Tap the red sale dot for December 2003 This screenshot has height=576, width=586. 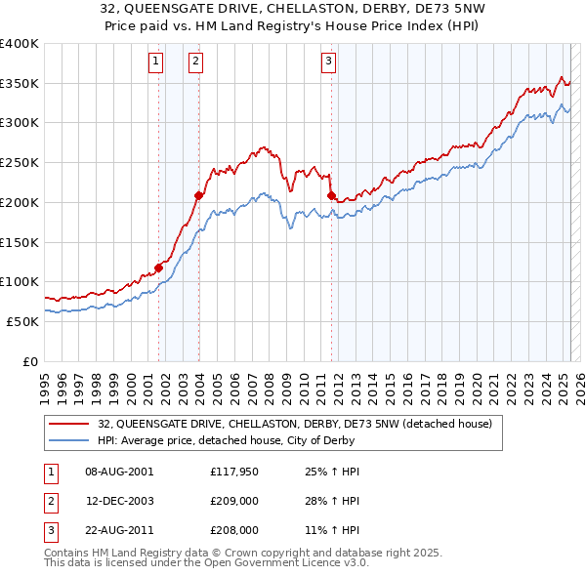click(x=198, y=195)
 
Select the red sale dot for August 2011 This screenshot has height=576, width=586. click(x=331, y=196)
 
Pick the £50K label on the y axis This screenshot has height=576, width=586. click(x=22, y=321)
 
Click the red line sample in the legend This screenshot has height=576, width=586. click(x=70, y=424)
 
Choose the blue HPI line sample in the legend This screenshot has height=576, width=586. click(x=70, y=440)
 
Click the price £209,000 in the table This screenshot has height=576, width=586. click(x=233, y=501)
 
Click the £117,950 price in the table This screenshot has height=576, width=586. click(x=233, y=471)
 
